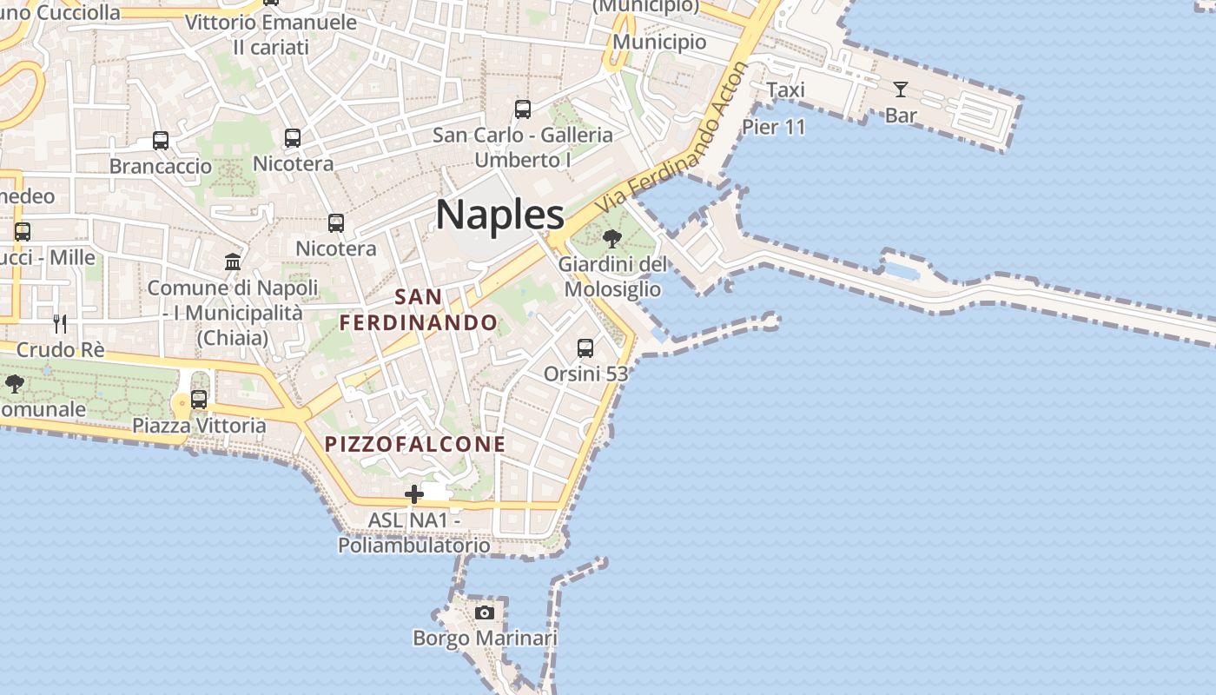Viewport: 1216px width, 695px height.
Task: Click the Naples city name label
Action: (x=500, y=214)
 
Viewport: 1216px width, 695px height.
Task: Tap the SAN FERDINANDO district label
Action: (x=419, y=310)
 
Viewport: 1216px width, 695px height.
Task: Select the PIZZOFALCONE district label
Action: (x=415, y=444)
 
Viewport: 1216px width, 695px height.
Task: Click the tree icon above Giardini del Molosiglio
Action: (x=612, y=238)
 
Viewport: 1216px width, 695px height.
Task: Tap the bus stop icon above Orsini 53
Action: (x=585, y=348)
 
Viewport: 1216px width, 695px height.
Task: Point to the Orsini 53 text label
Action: (x=585, y=374)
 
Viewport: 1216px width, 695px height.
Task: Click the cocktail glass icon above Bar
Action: (x=900, y=89)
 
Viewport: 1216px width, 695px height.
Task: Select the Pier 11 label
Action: (x=774, y=127)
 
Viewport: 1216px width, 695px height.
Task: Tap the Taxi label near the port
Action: (x=785, y=89)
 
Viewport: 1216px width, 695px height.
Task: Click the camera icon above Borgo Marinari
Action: (x=485, y=612)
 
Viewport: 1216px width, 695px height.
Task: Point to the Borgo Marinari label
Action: (x=485, y=639)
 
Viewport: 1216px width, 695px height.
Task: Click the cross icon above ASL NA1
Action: (x=414, y=494)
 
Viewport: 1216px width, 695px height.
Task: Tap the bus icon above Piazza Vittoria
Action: (x=199, y=400)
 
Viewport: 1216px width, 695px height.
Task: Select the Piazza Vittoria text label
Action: (x=199, y=426)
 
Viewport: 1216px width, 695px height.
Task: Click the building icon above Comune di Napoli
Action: (x=233, y=261)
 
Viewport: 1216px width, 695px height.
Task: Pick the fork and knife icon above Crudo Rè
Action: (x=60, y=324)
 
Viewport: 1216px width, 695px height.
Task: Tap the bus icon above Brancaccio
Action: (x=161, y=141)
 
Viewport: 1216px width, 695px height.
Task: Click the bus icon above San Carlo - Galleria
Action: (x=523, y=109)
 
